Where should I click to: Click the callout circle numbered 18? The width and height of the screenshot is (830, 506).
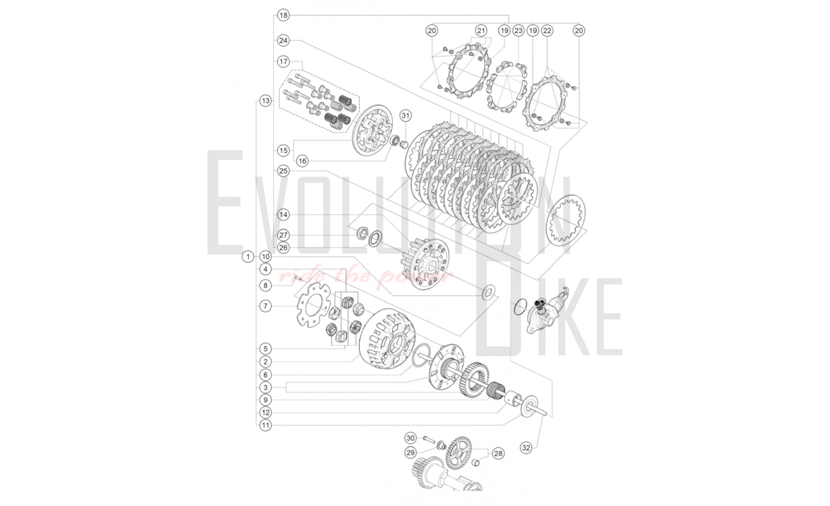tap(283, 15)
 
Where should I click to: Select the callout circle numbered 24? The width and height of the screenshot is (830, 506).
tap(283, 40)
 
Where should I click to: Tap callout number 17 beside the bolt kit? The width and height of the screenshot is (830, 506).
tap(283, 61)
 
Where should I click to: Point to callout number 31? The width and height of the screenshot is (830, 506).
tap(405, 115)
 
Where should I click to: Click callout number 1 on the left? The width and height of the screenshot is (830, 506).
tap(248, 256)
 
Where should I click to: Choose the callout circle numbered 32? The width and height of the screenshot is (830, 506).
tap(526, 448)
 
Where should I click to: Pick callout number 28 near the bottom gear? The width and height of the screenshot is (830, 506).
tap(498, 453)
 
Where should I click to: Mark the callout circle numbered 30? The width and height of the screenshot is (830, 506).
tap(410, 438)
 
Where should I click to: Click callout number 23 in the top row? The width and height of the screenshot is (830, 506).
tap(518, 30)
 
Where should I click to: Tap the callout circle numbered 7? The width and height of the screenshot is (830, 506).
tap(266, 306)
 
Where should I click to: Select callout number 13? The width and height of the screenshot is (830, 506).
tap(266, 100)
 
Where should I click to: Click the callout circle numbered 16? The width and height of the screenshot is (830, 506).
tap(302, 161)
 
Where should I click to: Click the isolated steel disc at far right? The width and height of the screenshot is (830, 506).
tap(566, 220)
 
